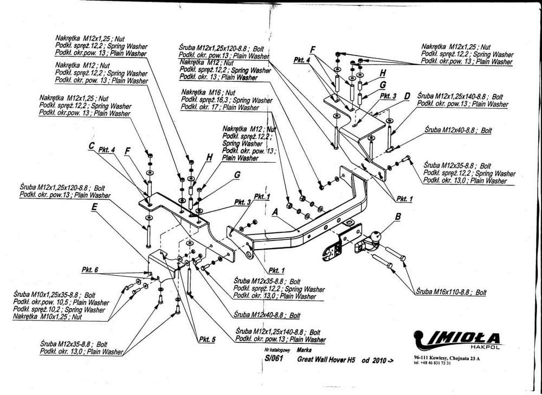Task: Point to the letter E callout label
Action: pyautogui.click(x=94, y=206)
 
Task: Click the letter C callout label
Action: pyautogui.click(x=92, y=145)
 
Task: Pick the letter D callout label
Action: pyautogui.click(x=407, y=96)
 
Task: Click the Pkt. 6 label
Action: pyautogui.click(x=89, y=270)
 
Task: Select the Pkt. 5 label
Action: pyautogui.click(x=207, y=340)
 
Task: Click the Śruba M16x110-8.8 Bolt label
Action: pyautogui.click(x=451, y=292)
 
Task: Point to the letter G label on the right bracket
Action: pyautogui.click(x=382, y=85)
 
